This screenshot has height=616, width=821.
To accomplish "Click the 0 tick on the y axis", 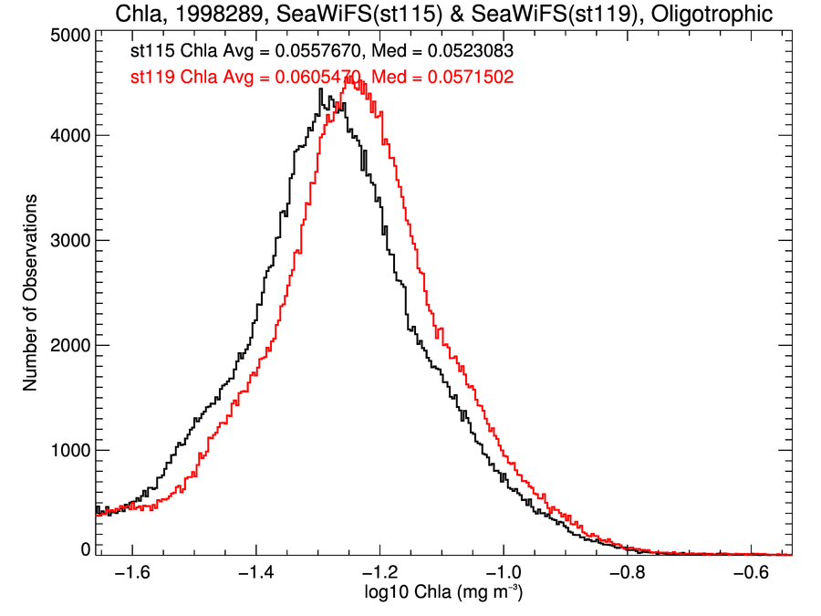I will tap(85, 549).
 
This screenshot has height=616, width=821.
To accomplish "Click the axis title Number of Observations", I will tap(30, 292).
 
